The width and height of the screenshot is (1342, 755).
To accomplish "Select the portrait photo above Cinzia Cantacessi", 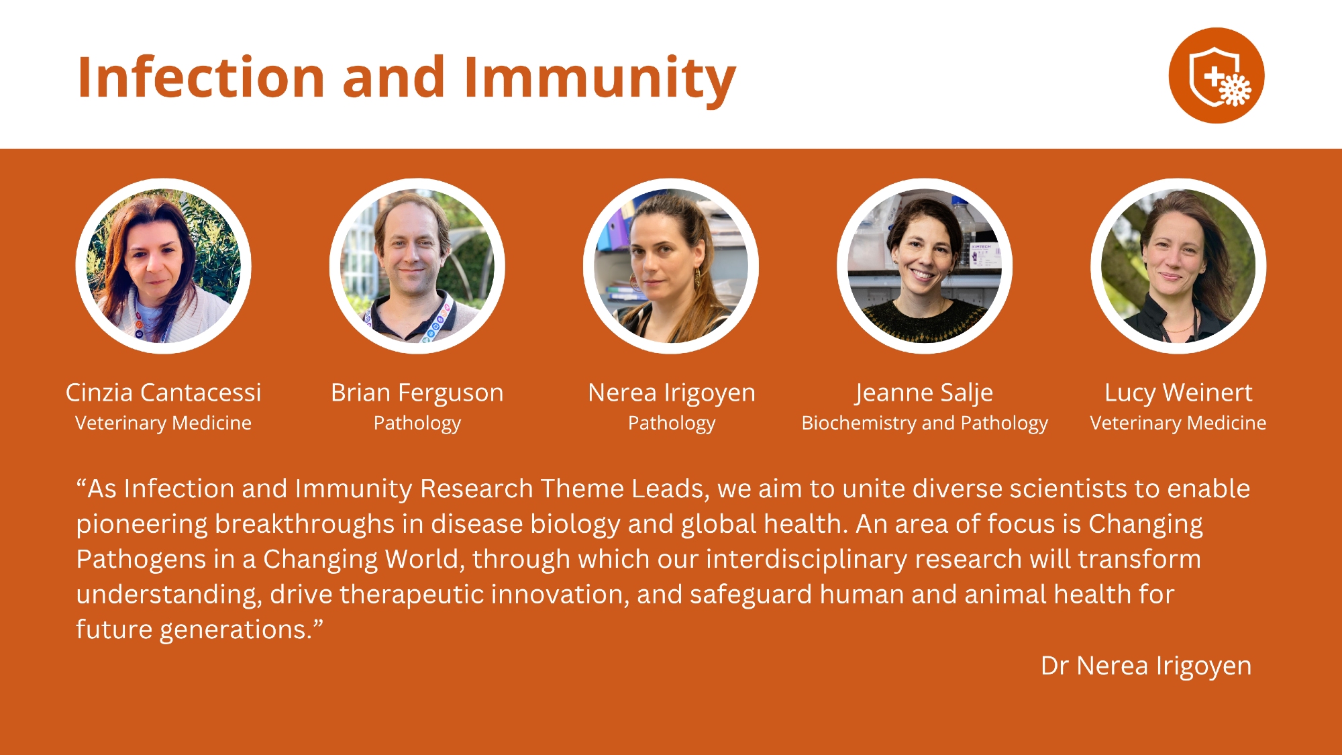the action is [163, 266].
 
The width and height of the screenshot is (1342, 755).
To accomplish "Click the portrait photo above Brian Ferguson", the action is [417, 266].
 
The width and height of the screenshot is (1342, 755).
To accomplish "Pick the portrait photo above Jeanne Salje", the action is [925, 266].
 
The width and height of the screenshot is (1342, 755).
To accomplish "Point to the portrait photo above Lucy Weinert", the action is [1178, 266].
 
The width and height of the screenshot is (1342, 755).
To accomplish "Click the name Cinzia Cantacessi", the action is [163, 393].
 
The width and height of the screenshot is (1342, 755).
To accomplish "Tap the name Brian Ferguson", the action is [417, 393].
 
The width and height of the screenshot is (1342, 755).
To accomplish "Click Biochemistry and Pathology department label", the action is [925, 423].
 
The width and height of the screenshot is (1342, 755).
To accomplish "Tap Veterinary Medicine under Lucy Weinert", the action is [1178, 423].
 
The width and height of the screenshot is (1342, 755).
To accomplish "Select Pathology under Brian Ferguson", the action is [417, 423].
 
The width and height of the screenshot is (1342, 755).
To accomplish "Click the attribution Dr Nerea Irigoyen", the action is [1146, 666].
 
